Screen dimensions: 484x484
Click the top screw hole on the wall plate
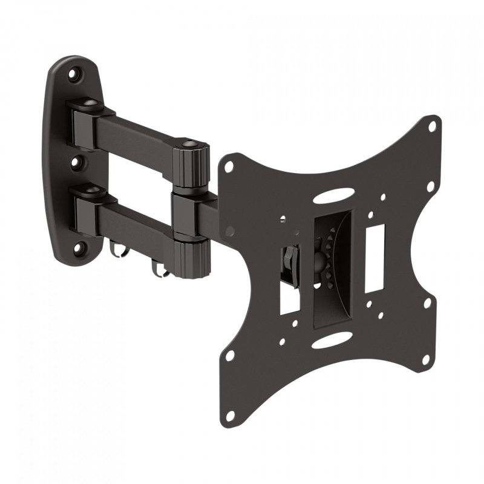pyautogui.click(x=74, y=75)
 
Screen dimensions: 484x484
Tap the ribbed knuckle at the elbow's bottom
pyautogui.click(x=191, y=259)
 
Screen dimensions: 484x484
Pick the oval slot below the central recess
pyautogui.click(x=330, y=340)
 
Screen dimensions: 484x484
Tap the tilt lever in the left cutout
pyautogui.click(x=289, y=261)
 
